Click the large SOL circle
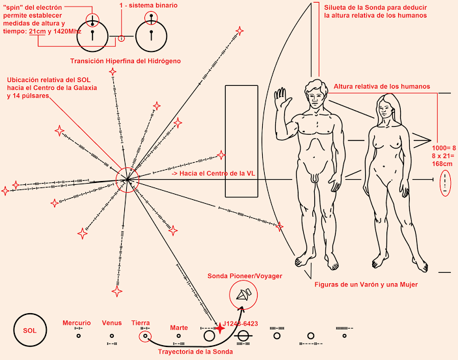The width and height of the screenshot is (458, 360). click(x=30, y=330)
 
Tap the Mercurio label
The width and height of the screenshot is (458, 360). click(x=77, y=323)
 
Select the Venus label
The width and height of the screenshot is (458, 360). click(x=112, y=323)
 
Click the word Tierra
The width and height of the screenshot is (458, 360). click(x=141, y=323)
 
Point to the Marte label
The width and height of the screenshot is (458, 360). click(x=179, y=327)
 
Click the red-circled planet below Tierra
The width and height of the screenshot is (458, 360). click(x=146, y=337)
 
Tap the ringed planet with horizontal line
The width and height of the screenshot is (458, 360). click(x=244, y=336)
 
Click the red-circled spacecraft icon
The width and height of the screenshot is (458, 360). click(x=244, y=297)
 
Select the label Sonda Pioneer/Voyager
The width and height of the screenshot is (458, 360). click(x=245, y=276)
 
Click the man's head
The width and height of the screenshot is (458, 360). click(x=315, y=93)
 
